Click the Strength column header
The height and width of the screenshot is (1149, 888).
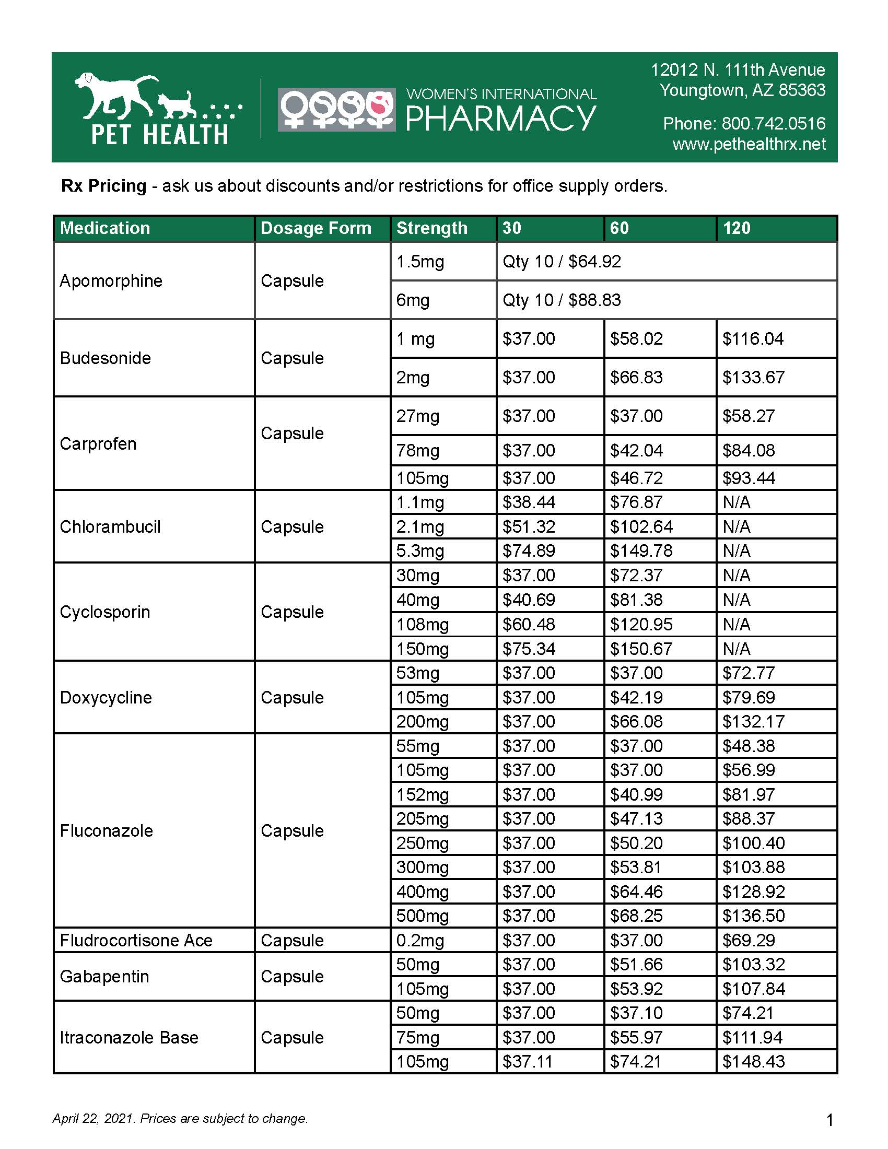coord(431,228)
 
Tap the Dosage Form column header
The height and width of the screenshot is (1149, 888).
coord(316,228)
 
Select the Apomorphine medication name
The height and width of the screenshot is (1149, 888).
coord(111,281)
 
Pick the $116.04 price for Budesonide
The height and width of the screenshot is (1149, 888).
coord(753,339)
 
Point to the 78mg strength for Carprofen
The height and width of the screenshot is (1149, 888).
coord(418,451)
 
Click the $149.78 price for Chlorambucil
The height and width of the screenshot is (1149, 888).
coord(641,551)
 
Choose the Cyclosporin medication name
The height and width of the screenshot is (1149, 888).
coord(105,612)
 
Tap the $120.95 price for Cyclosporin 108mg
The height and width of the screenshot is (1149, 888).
coord(641,625)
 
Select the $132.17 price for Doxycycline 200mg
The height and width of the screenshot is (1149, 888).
coord(753,721)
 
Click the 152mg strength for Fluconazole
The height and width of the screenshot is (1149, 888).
coord(423,794)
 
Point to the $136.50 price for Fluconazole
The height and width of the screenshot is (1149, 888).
coord(753,916)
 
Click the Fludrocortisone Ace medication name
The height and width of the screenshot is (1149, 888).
coord(136,940)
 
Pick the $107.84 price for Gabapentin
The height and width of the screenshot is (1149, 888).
coord(753,989)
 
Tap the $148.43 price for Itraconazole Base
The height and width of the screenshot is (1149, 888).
coord(753,1062)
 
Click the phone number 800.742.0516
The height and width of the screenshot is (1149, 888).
coord(773,124)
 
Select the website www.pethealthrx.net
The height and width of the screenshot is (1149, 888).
coord(749,144)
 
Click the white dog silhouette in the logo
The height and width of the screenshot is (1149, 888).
coord(116,95)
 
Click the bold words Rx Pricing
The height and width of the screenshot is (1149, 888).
coord(103,186)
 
